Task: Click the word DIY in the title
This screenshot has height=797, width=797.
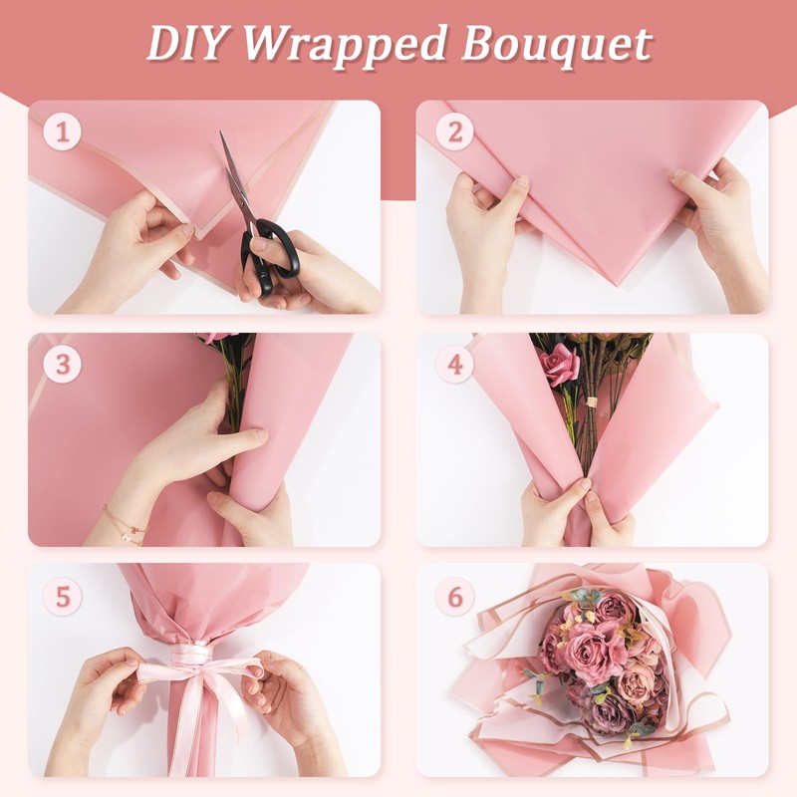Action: coord(186,44)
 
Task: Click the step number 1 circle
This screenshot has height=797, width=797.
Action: coord(63,132)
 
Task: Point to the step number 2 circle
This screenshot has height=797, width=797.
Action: coord(454,132)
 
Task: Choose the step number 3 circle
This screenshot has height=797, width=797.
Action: coord(63,365)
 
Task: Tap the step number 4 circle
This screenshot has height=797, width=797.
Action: coord(454,365)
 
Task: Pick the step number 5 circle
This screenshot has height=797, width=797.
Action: coord(63,597)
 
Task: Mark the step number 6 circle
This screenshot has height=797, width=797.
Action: coord(454,597)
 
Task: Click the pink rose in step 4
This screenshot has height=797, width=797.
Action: coord(560,365)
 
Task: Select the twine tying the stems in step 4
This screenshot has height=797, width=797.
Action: coord(590,402)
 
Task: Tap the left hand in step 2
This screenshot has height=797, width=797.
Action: coord(483,229)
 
